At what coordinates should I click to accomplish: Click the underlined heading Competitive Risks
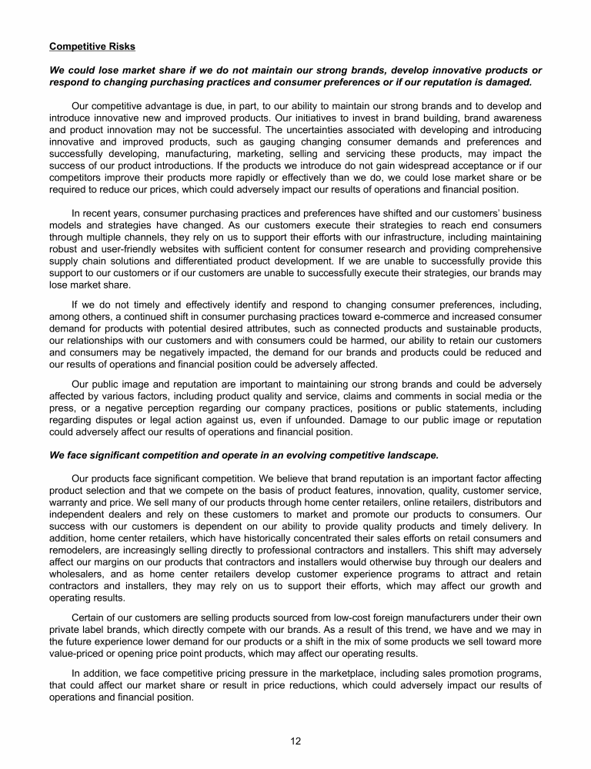click(x=92, y=46)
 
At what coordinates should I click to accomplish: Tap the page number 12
click(x=295, y=741)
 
